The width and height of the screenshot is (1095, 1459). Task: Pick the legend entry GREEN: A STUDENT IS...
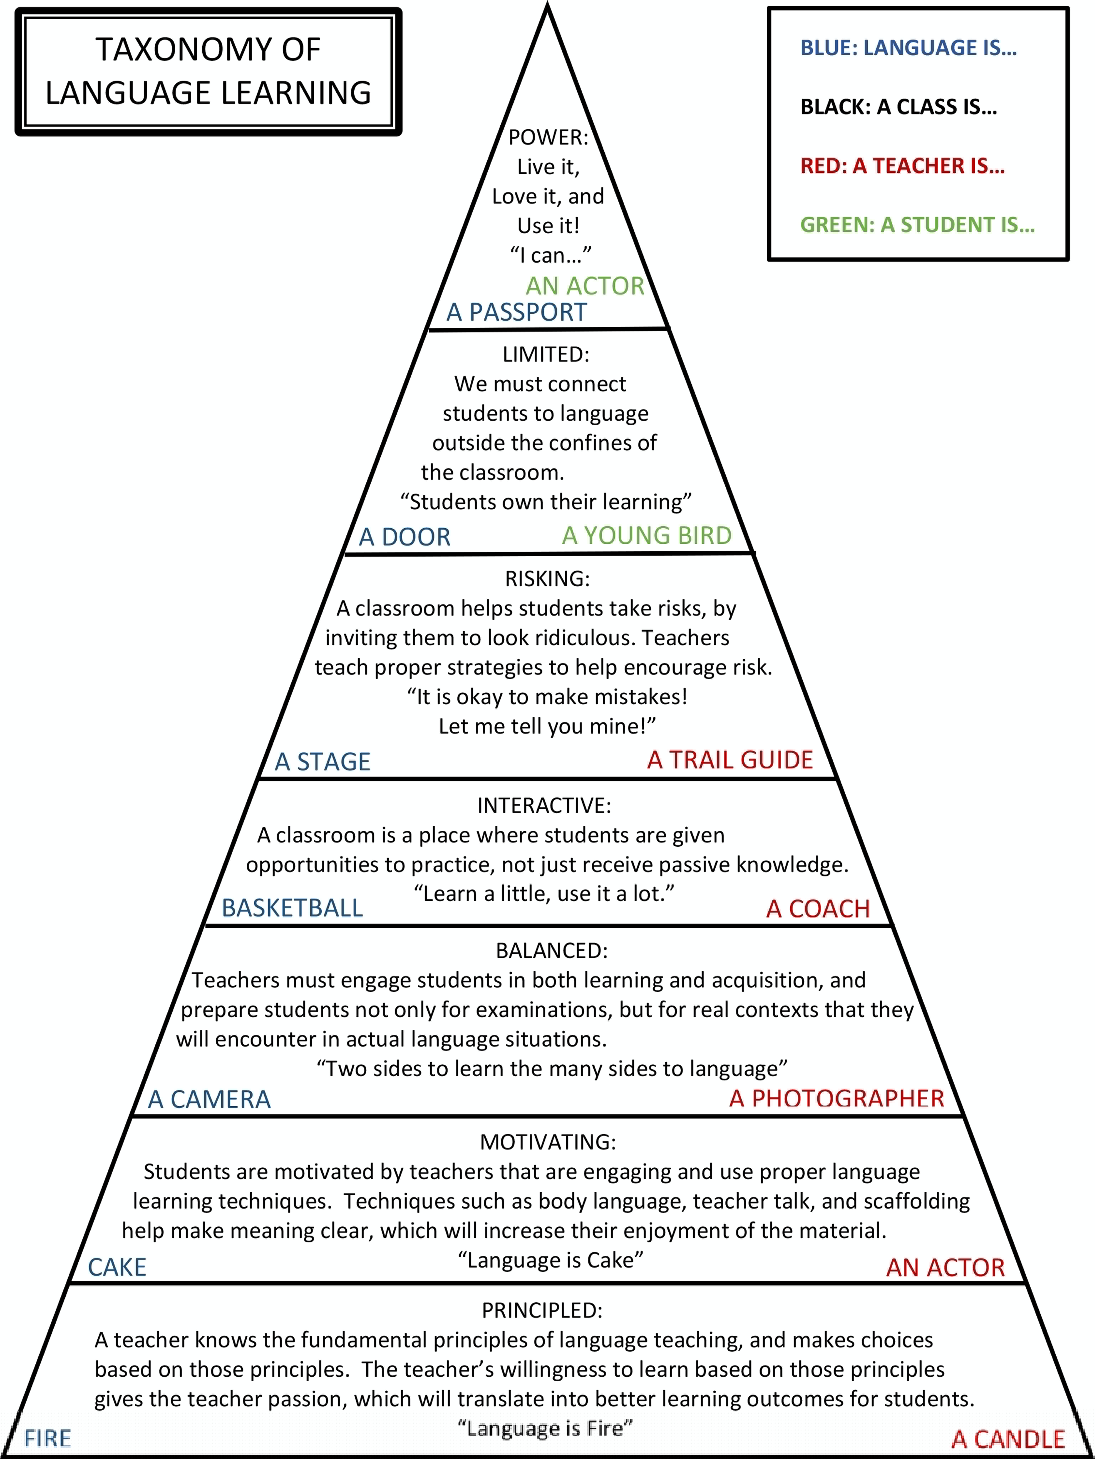[917, 225]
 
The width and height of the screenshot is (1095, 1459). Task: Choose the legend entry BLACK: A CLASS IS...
[898, 107]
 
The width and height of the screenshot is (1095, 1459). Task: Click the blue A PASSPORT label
[516, 312]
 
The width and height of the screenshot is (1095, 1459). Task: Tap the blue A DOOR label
[405, 537]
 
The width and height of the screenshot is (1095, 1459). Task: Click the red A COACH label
[818, 909]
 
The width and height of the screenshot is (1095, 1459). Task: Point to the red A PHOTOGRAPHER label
[836, 1098]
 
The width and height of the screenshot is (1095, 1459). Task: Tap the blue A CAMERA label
[209, 1099]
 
